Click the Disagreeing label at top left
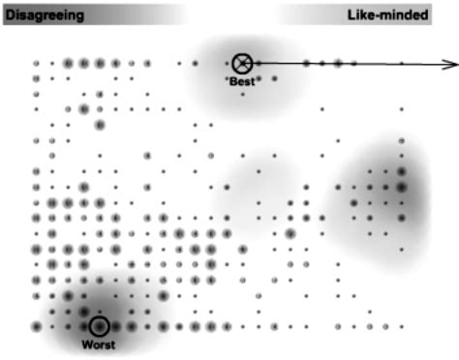[x=44, y=16]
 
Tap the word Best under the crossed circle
[x=243, y=81]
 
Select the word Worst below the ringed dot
[x=99, y=344]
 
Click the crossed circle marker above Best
[x=243, y=64]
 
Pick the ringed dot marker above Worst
[x=99, y=326]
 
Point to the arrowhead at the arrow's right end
[x=453, y=64]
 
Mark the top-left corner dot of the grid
[x=36, y=64]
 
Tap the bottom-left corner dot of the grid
[x=36, y=326]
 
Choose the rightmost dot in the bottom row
[x=401, y=326]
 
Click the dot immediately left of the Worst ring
[x=83, y=326]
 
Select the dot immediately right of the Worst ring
[x=115, y=326]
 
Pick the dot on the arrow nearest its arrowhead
[x=401, y=64]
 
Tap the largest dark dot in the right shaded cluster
[x=401, y=186]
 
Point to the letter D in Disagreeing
[x=10, y=16]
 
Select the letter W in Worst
[x=84, y=344]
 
